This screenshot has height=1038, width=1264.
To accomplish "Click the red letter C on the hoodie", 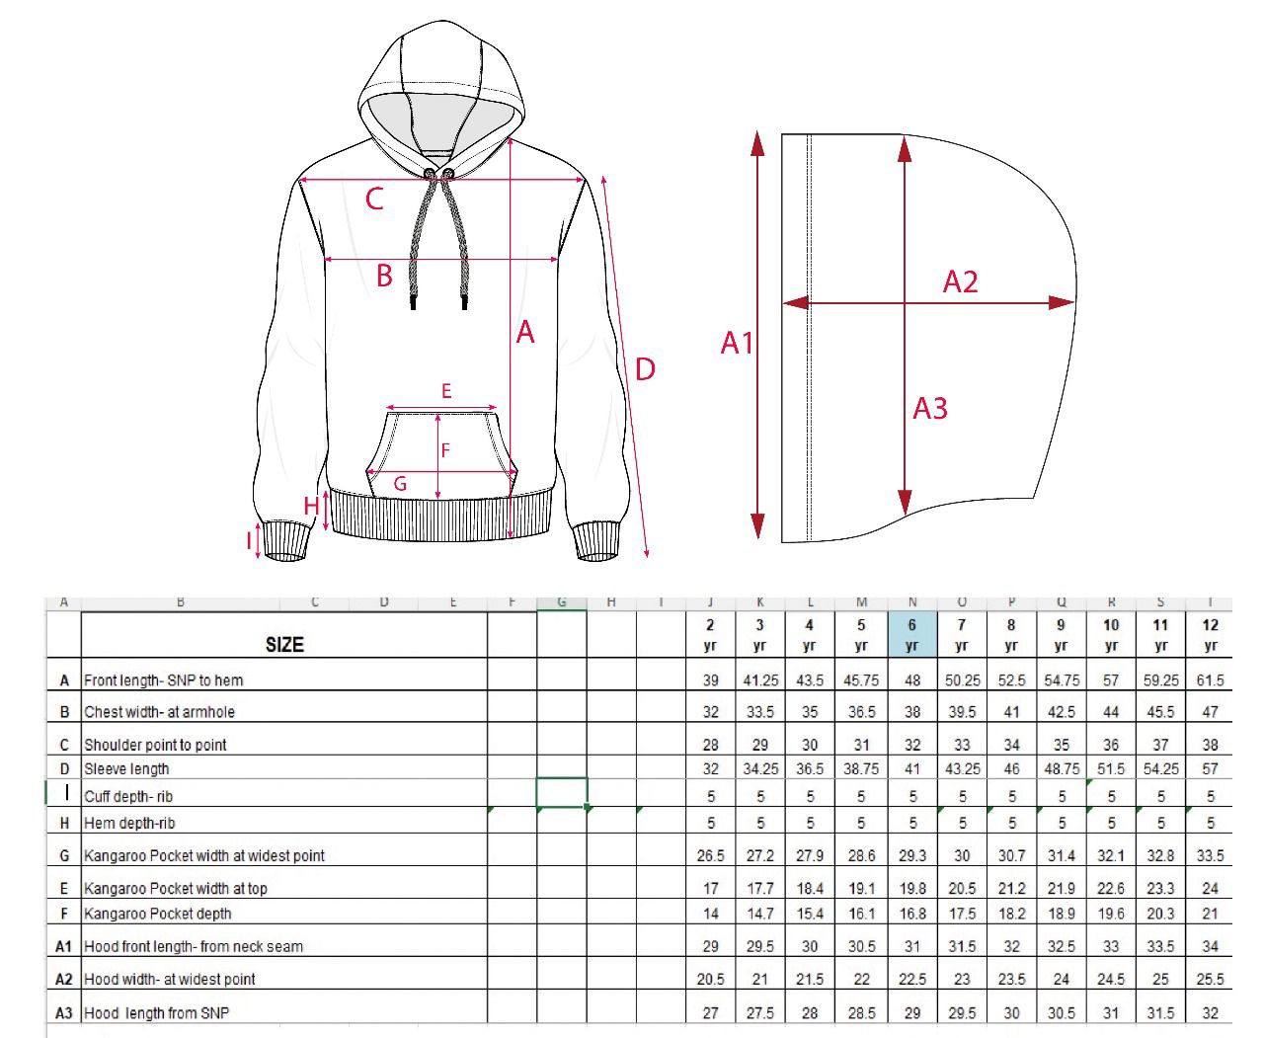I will click(374, 199).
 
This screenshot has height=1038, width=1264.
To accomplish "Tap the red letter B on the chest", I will click(384, 276).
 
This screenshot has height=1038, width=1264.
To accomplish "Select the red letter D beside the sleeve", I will click(644, 369).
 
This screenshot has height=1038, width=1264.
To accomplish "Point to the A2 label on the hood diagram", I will click(960, 282).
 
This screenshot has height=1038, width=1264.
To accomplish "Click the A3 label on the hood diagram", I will click(930, 408).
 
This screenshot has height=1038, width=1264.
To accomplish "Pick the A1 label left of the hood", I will click(737, 343).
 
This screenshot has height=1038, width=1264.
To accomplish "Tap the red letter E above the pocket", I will click(446, 392).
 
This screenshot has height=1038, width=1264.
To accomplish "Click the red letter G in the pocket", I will click(400, 484).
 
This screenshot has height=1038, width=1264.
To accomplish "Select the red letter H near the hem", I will click(311, 506).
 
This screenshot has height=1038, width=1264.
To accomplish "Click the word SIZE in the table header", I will click(284, 645).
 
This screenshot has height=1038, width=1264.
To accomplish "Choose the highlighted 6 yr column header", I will click(911, 634).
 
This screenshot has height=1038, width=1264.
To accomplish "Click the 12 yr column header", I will click(1210, 634).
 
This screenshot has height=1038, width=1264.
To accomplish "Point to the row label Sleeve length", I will click(126, 769).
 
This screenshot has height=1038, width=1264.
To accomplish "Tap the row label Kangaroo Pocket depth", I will click(158, 914).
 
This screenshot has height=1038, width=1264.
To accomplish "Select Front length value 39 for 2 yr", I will click(711, 680).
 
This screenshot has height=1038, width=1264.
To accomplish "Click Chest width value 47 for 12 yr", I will click(1210, 712).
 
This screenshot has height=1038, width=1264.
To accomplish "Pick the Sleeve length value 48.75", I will click(1062, 769).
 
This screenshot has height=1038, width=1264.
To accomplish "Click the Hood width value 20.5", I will click(711, 980).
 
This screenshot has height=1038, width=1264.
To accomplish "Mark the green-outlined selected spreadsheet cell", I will click(562, 793).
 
